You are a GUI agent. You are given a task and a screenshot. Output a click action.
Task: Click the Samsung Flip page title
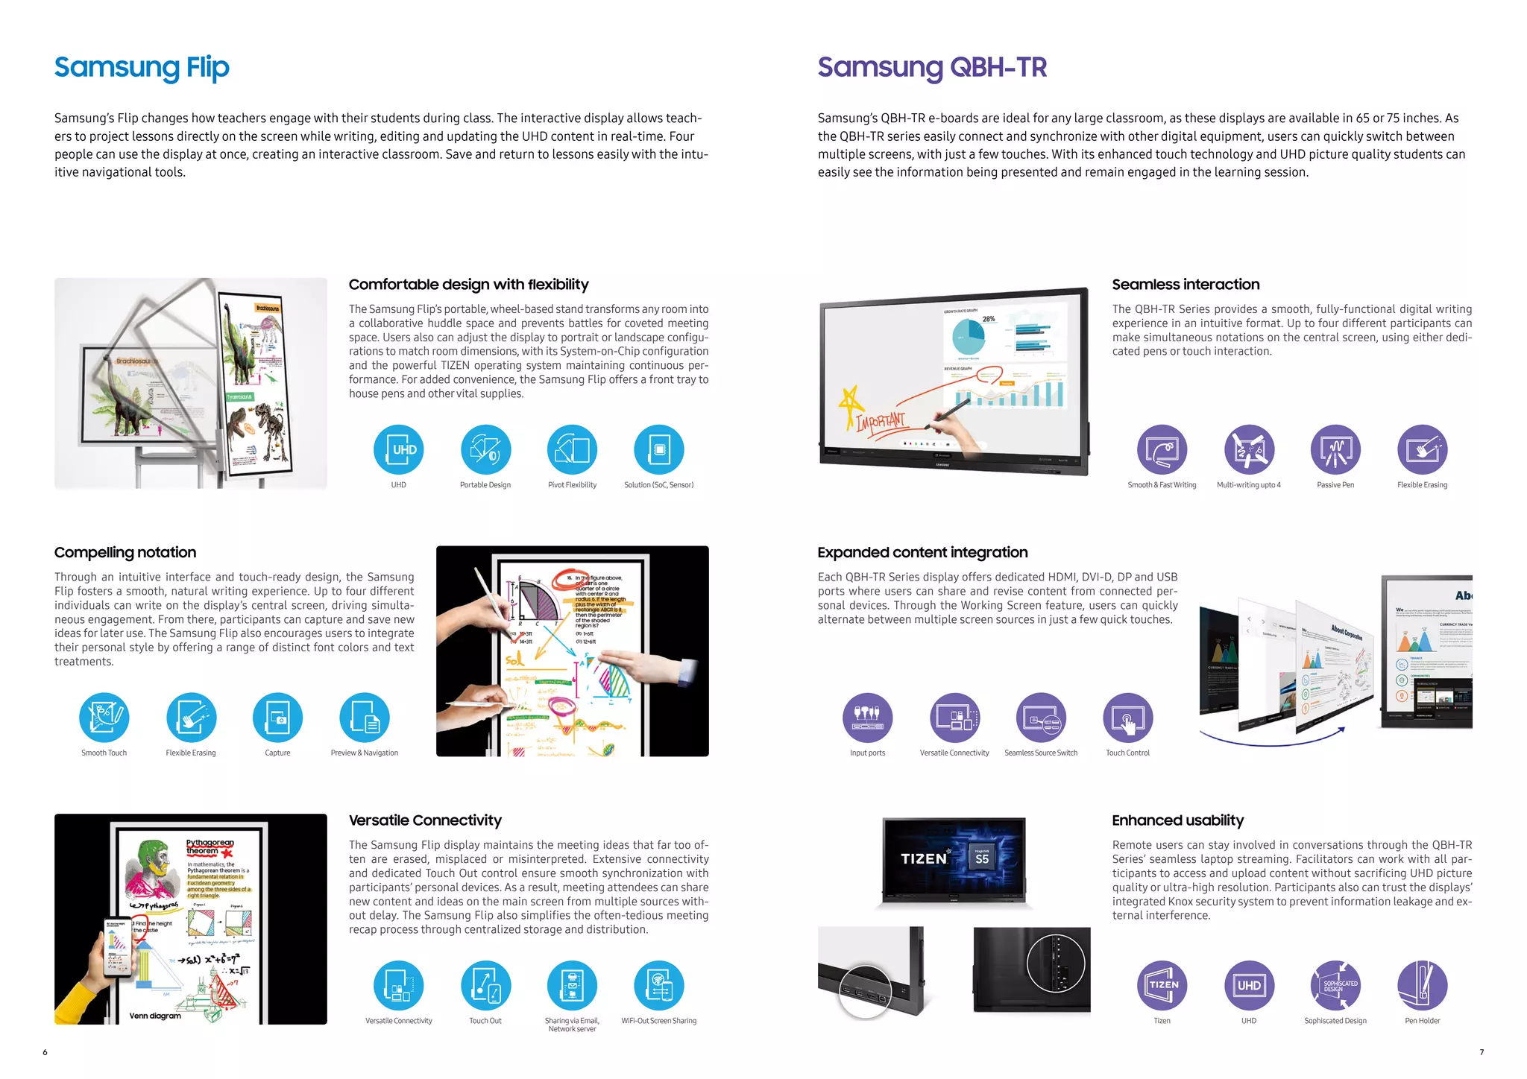(142, 68)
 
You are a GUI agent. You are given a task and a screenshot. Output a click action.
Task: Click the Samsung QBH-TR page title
(932, 68)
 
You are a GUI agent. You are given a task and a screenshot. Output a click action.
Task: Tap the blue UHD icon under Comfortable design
(399, 450)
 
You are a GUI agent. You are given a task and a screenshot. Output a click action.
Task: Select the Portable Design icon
(485, 450)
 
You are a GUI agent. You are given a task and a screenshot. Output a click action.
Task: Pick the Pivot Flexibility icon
(572, 450)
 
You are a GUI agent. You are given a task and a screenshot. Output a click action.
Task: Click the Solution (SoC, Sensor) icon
(659, 450)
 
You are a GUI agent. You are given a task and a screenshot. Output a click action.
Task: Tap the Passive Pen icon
(1335, 450)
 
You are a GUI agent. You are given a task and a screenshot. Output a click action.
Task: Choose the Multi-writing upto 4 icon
(1249, 450)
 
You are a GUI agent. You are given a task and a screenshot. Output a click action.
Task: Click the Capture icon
(277, 718)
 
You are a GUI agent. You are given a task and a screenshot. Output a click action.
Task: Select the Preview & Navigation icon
(365, 718)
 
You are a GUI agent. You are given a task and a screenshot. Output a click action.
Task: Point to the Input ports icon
(868, 718)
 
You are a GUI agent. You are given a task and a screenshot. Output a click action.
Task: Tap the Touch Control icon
(1128, 718)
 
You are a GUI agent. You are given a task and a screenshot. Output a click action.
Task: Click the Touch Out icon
(485, 985)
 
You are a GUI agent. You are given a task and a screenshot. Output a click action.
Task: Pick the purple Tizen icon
(1162, 985)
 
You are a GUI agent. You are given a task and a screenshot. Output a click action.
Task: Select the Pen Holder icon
(1423, 985)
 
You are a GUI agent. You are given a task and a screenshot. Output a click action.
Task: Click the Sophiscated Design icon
(1335, 985)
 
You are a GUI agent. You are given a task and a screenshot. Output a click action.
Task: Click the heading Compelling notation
(125, 552)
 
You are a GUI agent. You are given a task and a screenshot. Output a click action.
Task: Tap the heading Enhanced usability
(1177, 820)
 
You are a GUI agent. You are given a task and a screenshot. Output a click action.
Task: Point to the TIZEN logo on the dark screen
(923, 858)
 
